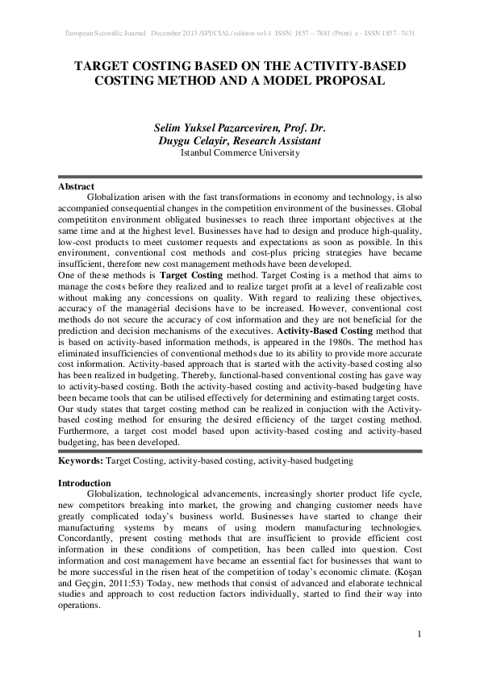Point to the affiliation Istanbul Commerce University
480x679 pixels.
(x=240, y=152)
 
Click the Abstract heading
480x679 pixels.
(x=77, y=186)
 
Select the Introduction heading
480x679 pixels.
(x=85, y=482)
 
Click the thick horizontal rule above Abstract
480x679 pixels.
(x=240, y=177)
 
